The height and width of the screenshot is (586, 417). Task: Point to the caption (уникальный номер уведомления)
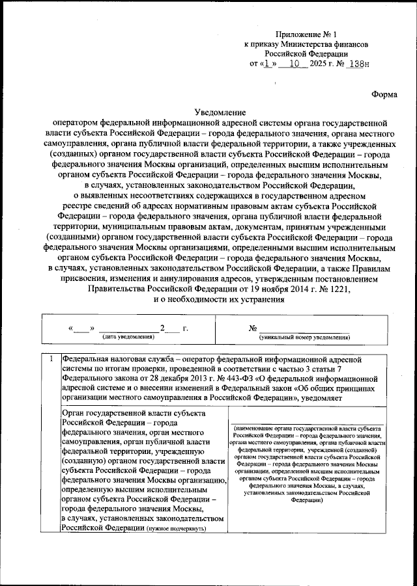point(304,337)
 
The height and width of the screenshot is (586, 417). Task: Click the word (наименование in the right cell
point(256,429)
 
